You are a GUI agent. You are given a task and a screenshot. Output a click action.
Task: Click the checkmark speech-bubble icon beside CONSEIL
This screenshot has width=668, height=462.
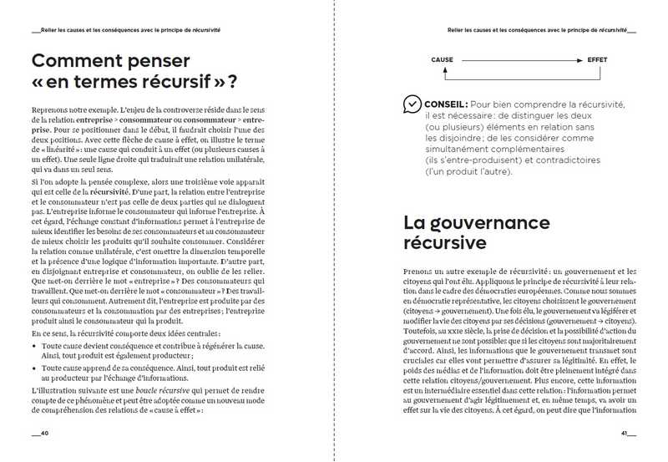point(412,104)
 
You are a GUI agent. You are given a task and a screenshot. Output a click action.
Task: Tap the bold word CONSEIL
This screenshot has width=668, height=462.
point(446,103)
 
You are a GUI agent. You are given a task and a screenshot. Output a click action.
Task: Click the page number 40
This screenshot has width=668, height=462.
point(41,434)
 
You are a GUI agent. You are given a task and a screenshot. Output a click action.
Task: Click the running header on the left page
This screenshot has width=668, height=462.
point(125,28)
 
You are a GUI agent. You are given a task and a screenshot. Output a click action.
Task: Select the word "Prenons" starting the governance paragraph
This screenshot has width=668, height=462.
point(419,272)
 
